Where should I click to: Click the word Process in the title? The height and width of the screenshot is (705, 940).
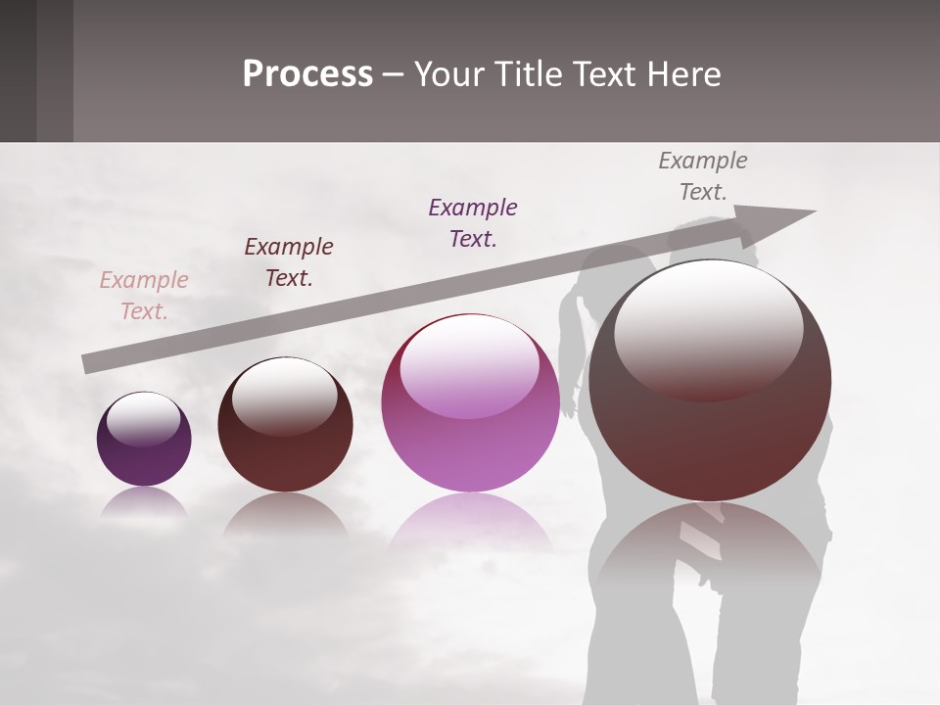point(307,74)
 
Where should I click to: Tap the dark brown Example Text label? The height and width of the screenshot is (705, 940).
point(289,262)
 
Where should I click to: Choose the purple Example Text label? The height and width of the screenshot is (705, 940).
point(473,223)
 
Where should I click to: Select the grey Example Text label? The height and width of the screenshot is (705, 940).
point(703,176)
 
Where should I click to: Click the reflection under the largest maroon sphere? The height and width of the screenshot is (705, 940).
point(710,548)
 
